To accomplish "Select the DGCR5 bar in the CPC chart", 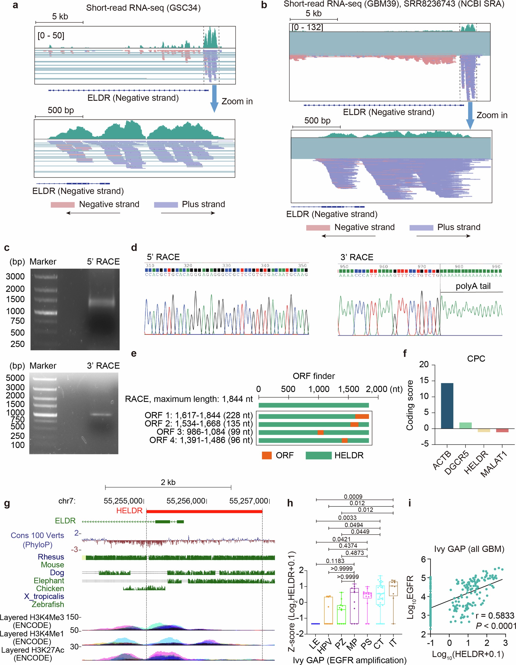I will (465, 425).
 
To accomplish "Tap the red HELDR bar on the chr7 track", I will (204, 511).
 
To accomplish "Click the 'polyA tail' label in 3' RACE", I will (473, 286).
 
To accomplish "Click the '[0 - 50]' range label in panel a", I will (51, 36).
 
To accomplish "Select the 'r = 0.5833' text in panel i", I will (495, 616).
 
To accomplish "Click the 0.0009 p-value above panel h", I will (353, 497).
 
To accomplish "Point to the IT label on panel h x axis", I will (393, 642).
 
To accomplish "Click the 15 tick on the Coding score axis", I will (424, 381).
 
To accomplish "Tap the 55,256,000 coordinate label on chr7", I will (185, 501).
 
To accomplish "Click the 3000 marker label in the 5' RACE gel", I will (15, 276).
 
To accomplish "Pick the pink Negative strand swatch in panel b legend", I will (318, 228).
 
